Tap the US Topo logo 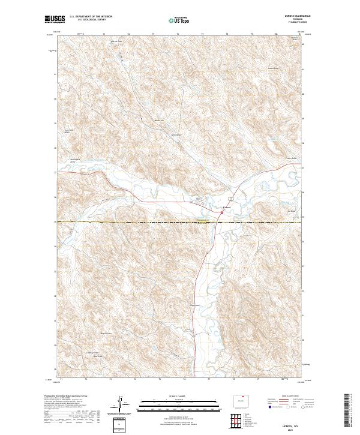pyautogui.click(x=182, y=20)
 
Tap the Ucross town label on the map pyautogui.click(x=227, y=208)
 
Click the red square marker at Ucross pyautogui.click(x=223, y=211)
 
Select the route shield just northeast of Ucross pyautogui.click(x=230, y=198)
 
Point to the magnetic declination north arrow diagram pyautogui.click(x=119, y=403)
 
